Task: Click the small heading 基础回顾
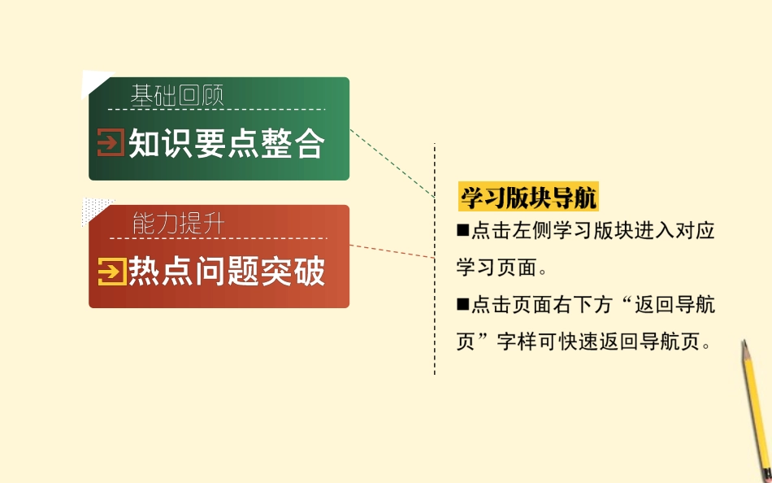pos(176,95)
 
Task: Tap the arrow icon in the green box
pos(111,143)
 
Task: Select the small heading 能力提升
pos(177,224)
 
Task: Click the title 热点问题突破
pos(227,271)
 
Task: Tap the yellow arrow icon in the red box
pos(111,271)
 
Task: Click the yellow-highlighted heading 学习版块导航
pos(528,198)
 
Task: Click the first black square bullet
pos(463,231)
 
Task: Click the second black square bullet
pos(463,305)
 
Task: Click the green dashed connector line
pos(393,163)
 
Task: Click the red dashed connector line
pos(393,251)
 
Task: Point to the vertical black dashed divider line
pos(435,325)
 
